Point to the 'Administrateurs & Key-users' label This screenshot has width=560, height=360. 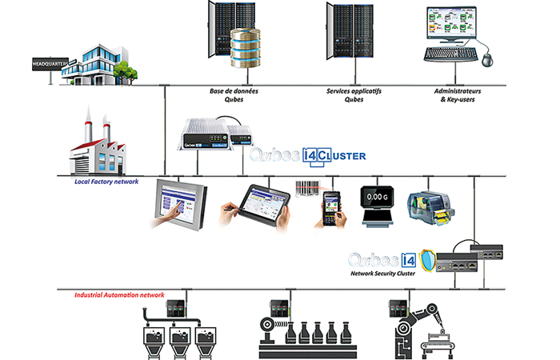[457, 96]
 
